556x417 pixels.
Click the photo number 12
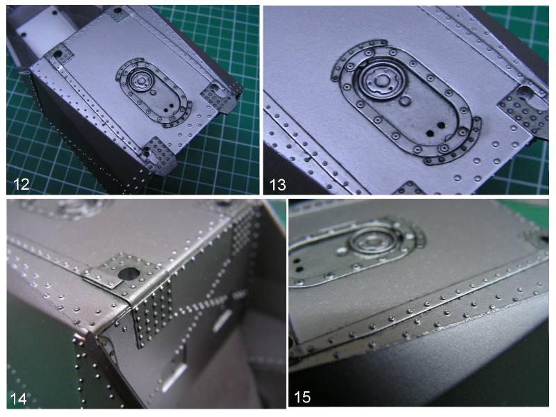point(21,184)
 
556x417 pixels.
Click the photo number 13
point(277,185)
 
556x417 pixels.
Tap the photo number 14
point(19,398)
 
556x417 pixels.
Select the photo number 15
point(302,397)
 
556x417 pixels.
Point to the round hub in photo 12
point(141,81)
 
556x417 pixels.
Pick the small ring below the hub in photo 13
point(404,102)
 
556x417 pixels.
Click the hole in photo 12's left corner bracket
point(58,54)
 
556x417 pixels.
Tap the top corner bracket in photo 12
point(118,14)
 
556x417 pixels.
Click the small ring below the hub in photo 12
point(154,92)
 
